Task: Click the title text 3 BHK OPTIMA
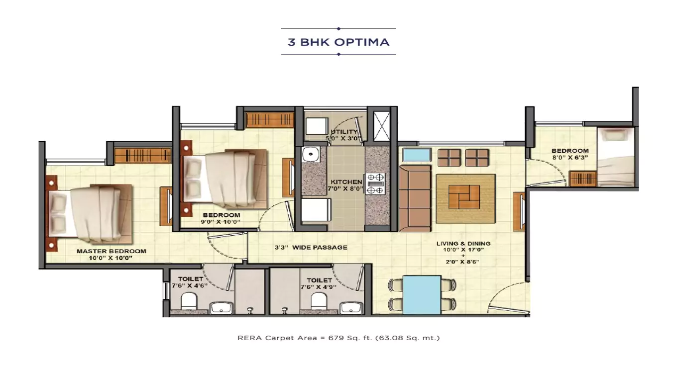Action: coord(338,42)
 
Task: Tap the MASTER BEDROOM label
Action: coord(112,251)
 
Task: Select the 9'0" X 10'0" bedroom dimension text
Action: coord(222,222)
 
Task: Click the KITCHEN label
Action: coord(346,183)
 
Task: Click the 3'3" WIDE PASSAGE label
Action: coord(311,247)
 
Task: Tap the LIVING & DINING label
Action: coord(463,244)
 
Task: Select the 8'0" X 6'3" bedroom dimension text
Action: coord(570,157)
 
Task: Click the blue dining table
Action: coord(422,294)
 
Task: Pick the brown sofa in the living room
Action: coord(415,198)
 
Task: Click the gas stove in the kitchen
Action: coord(375,183)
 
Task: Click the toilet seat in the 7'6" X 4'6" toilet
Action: coord(188,301)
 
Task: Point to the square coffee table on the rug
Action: coord(464,197)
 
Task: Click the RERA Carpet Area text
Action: coord(338,338)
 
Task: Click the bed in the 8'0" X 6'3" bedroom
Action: coord(616,157)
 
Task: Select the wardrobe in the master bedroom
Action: coord(143,156)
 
